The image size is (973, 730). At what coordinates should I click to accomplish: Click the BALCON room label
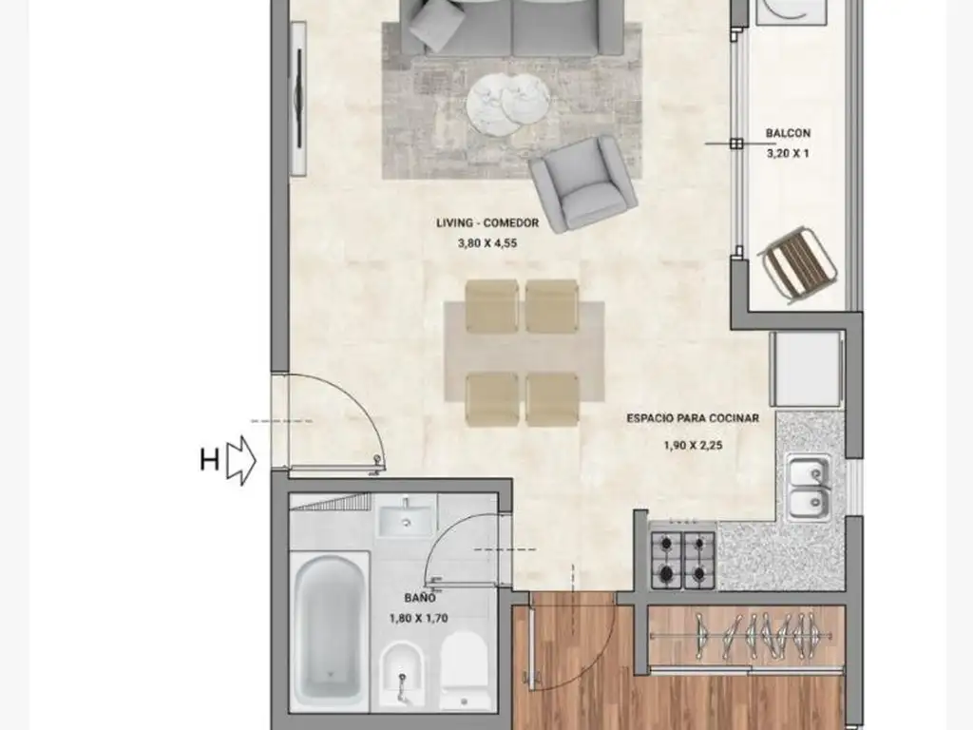click(788, 133)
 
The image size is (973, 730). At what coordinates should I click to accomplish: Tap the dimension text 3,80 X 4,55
click(487, 243)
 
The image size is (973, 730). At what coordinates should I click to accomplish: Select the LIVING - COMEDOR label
click(487, 222)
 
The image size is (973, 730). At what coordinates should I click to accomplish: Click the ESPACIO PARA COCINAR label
click(693, 418)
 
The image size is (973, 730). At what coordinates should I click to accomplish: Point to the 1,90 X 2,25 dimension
click(693, 445)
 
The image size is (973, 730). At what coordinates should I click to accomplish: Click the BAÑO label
click(420, 598)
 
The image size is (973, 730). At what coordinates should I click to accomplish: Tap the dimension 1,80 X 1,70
click(419, 618)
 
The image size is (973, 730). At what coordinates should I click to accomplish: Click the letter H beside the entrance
click(210, 461)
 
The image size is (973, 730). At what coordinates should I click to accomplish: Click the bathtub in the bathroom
click(329, 627)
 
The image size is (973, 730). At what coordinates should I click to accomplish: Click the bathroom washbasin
click(406, 519)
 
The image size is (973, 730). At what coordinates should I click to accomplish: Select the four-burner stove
click(682, 560)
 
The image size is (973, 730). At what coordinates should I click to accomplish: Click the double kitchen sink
click(810, 488)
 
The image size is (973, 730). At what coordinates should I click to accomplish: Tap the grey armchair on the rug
click(582, 183)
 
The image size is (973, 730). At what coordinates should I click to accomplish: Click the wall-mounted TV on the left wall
click(298, 99)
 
